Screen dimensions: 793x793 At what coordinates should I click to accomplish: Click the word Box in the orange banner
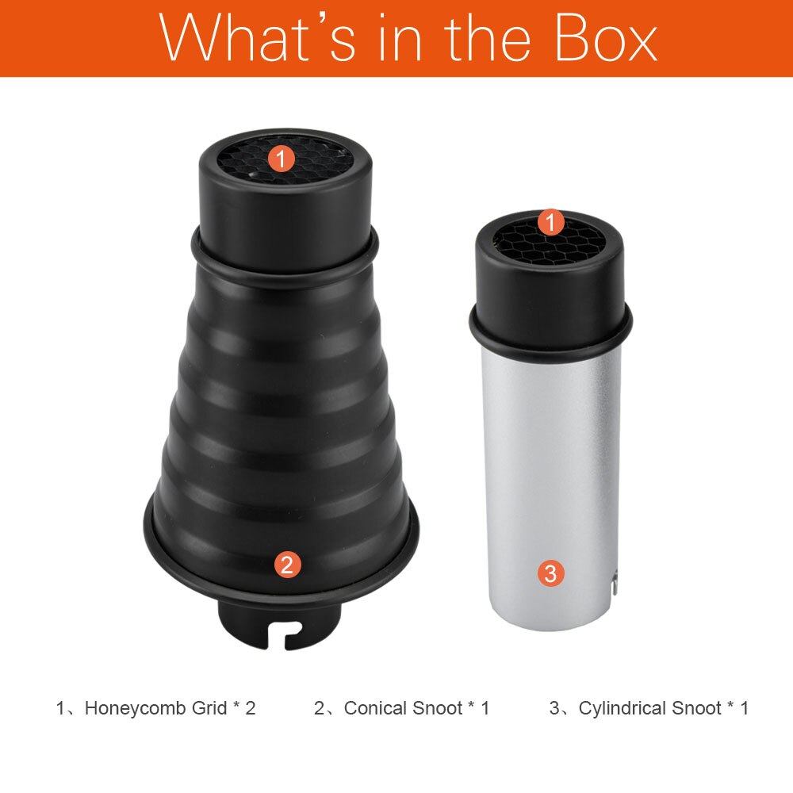tap(605, 37)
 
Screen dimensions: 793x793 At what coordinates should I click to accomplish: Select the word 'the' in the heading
tap(488, 37)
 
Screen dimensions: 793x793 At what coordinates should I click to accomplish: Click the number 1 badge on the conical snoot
tap(281, 159)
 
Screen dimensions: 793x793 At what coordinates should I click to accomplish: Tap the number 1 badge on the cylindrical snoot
tap(551, 222)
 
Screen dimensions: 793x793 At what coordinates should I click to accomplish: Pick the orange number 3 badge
tap(550, 573)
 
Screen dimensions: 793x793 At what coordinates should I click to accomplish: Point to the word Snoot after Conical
tap(437, 708)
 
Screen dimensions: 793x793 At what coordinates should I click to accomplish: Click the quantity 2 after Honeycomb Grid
tap(251, 708)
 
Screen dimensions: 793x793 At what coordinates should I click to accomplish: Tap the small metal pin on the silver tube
tap(614, 582)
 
